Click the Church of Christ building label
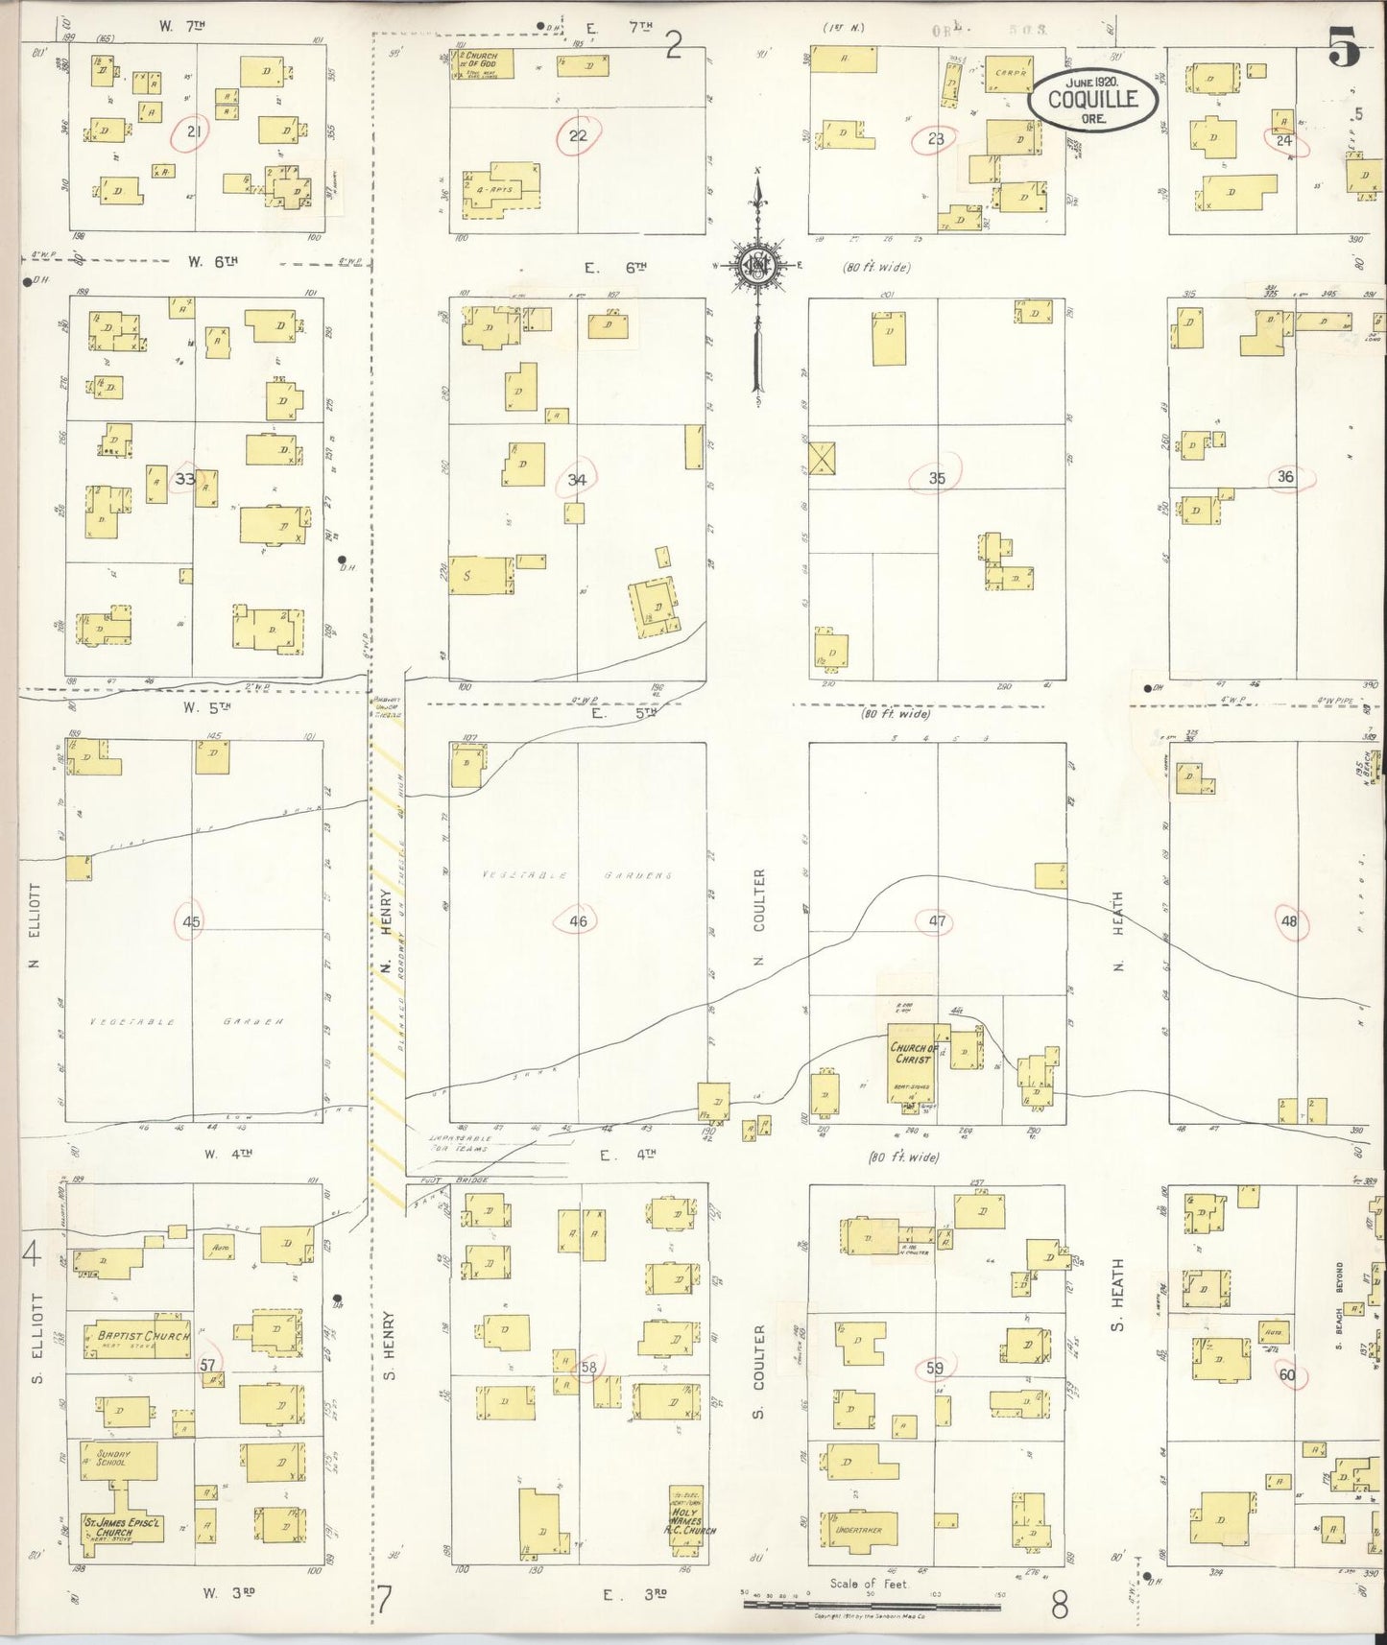pyautogui.click(x=913, y=1053)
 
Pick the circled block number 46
pyautogui.click(x=577, y=921)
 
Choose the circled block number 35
pyautogui.click(x=937, y=478)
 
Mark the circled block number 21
pyautogui.click(x=193, y=132)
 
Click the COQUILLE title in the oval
pyautogui.click(x=1092, y=98)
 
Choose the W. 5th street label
pyautogui.click(x=208, y=708)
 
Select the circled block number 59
pyautogui.click(x=935, y=1367)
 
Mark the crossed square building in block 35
pyautogui.click(x=823, y=458)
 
